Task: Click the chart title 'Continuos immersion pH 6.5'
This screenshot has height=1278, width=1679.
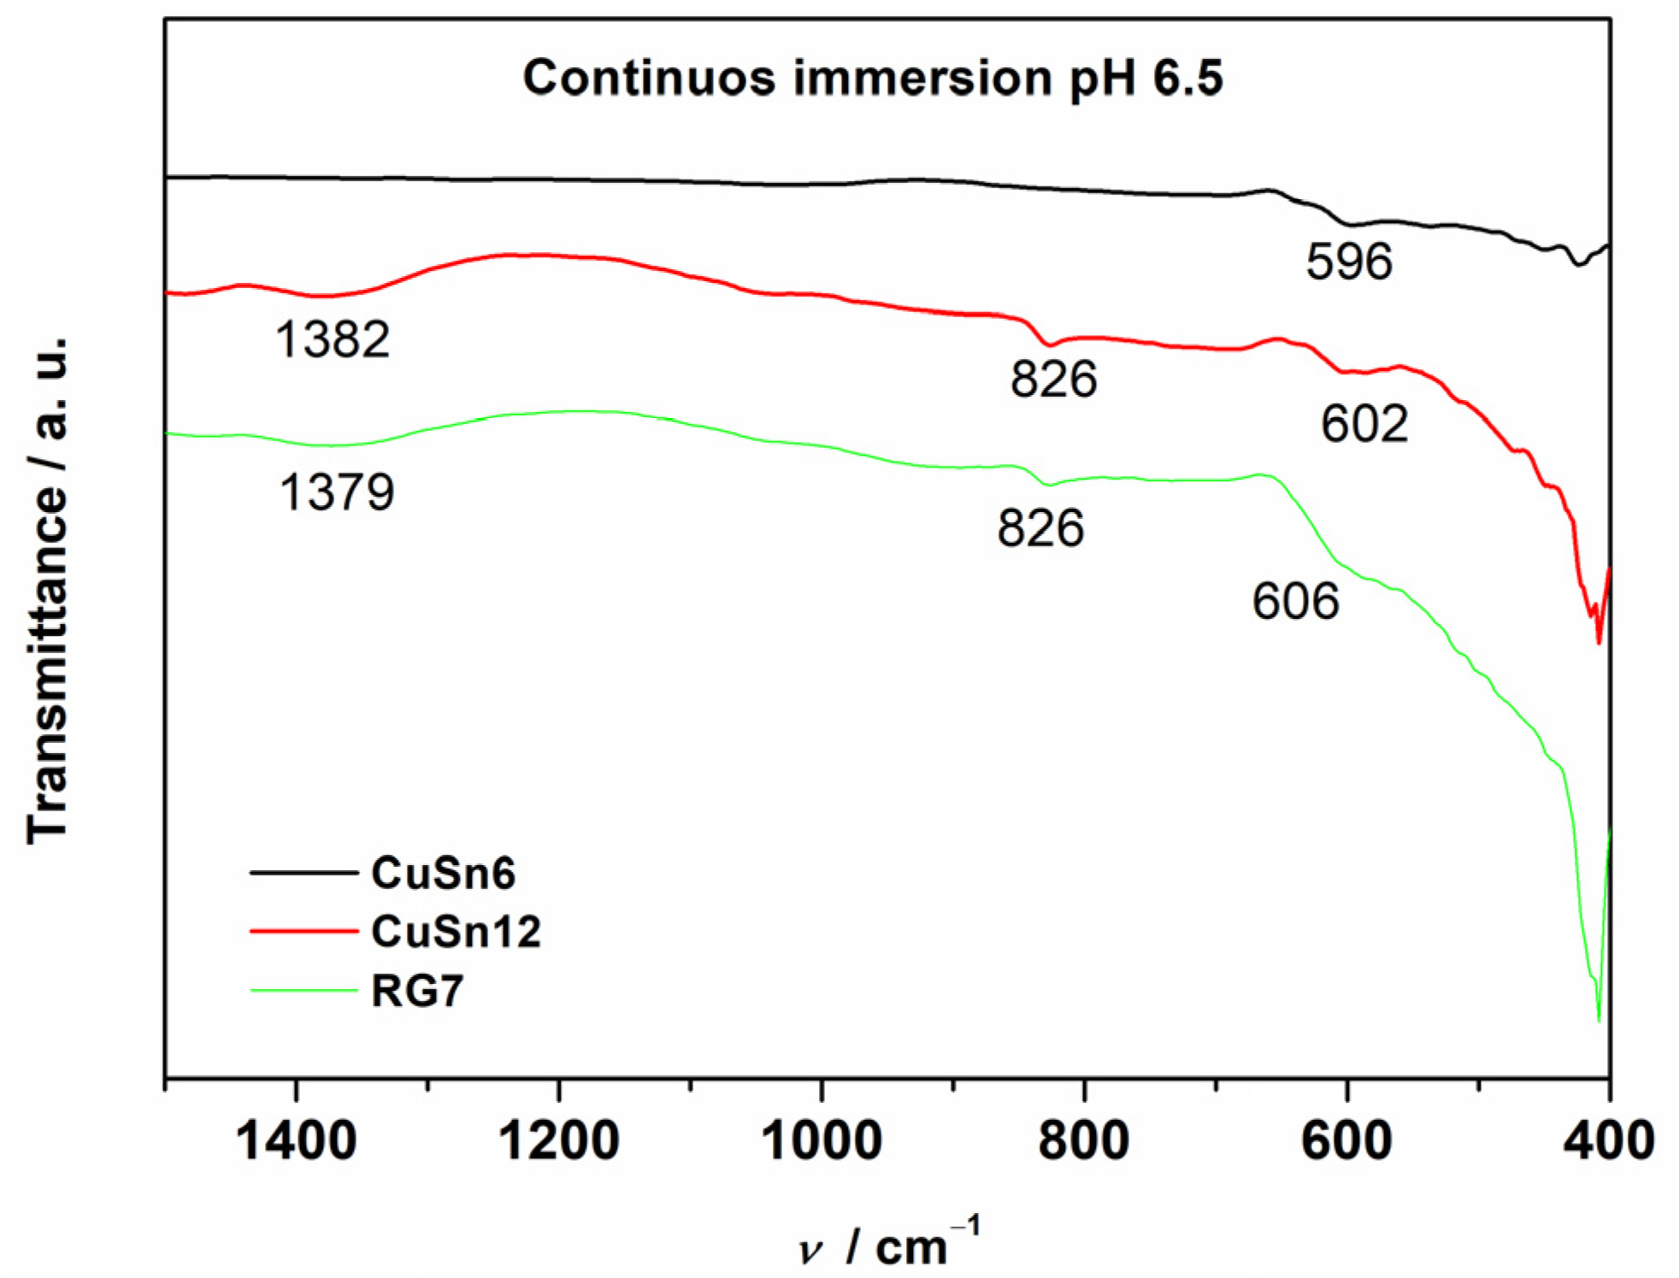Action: coord(872,79)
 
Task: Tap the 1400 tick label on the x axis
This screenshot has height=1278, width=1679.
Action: coord(296,1140)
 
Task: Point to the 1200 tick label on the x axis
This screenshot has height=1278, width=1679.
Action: coord(559,1140)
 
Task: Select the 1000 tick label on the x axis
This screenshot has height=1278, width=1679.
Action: coord(822,1140)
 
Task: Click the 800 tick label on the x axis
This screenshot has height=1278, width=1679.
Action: coord(1084,1140)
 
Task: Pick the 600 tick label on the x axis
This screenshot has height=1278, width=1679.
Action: coord(1347,1140)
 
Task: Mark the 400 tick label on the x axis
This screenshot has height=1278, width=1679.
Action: coord(1609,1140)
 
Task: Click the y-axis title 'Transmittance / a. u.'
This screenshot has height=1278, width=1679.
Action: coord(47,590)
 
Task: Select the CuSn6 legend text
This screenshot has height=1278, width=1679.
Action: coord(443,873)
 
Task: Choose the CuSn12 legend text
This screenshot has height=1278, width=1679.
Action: coord(456,931)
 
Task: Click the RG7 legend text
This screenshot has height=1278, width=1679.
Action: coord(417,991)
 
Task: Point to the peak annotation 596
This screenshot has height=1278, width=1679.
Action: coord(1349,262)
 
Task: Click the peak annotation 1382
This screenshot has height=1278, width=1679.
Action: coord(333,339)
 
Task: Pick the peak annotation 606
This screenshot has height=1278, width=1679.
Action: coord(1295,601)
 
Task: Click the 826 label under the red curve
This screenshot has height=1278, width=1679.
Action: coord(1053,379)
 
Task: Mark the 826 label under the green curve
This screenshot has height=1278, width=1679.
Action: coord(1040,528)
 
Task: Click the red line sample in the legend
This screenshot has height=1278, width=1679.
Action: coord(303,931)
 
